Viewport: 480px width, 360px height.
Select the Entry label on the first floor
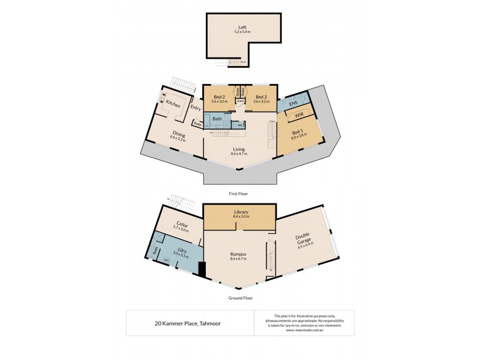[x=196, y=108]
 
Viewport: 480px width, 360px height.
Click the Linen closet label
[x=240, y=101]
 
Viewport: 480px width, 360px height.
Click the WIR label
[x=298, y=115]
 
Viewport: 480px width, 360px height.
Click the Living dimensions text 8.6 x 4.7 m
[x=240, y=155]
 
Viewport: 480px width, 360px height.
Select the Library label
[x=240, y=212]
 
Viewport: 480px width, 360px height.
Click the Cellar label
[x=181, y=226]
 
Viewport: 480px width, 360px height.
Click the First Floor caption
[x=238, y=194]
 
